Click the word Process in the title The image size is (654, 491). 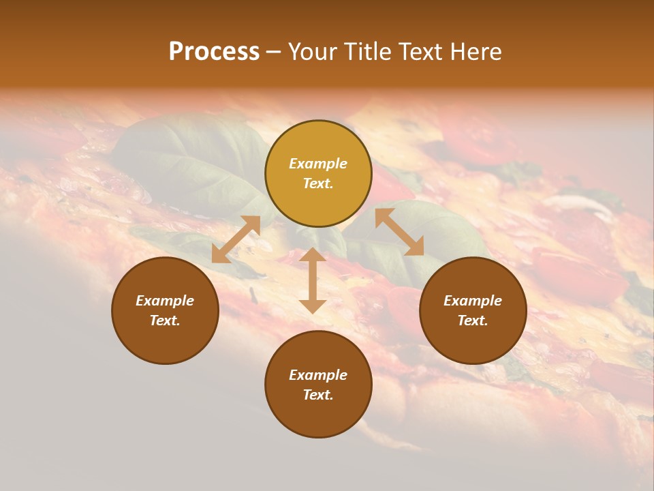(x=214, y=52)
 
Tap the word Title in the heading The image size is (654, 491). (x=370, y=52)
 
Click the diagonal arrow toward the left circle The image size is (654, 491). (x=236, y=239)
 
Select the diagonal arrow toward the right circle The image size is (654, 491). (x=399, y=232)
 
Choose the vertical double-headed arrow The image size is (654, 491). (x=313, y=280)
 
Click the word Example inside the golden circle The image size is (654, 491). (x=318, y=164)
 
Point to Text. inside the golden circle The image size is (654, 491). (x=318, y=184)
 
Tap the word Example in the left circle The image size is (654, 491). (x=165, y=301)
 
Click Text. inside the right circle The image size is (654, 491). (x=473, y=321)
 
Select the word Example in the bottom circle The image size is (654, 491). (x=318, y=375)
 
